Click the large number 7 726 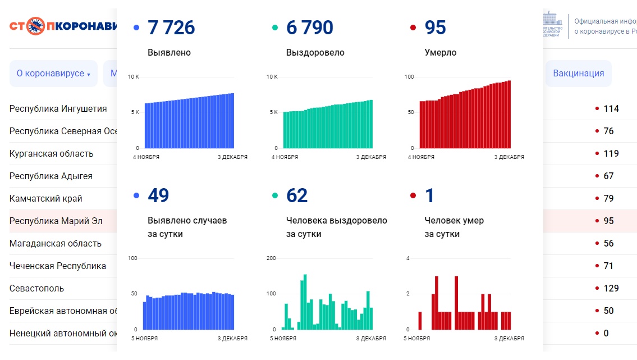click(x=171, y=28)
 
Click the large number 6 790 click(x=310, y=28)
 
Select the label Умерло click(x=441, y=53)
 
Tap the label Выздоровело click(x=315, y=53)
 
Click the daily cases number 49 click(x=158, y=195)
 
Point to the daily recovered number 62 click(x=297, y=195)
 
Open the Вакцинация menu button click(x=578, y=74)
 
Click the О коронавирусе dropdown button click(x=53, y=74)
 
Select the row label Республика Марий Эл click(x=56, y=221)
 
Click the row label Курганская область click(x=51, y=154)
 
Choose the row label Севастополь click(x=36, y=289)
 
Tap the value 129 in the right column click(x=611, y=289)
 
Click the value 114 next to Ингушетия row click(x=611, y=109)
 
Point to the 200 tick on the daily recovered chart click(x=272, y=258)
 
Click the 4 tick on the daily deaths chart click(x=408, y=258)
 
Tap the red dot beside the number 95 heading click(x=413, y=28)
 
